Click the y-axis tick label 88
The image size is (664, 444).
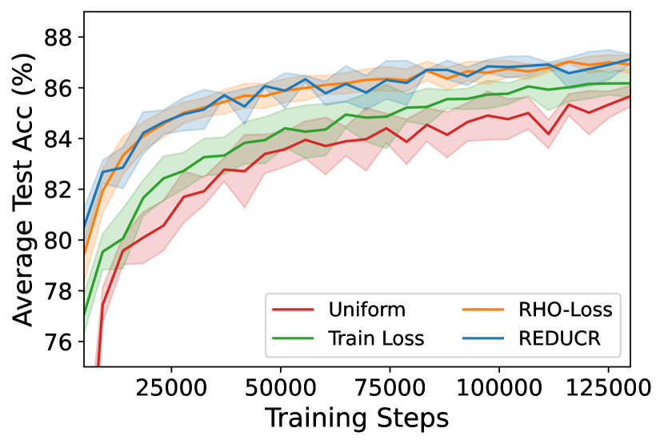[x=58, y=38]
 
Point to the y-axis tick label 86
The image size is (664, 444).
[x=58, y=88]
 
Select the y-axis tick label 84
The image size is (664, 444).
[x=58, y=139]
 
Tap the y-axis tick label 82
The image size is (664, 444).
[x=58, y=190]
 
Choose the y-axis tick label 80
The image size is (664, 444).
[x=58, y=240]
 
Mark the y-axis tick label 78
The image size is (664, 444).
[x=58, y=291]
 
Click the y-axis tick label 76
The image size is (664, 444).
[x=58, y=342]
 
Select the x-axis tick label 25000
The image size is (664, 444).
[x=171, y=387]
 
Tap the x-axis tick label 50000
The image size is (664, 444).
[x=281, y=387]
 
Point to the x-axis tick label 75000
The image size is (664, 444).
[x=390, y=387]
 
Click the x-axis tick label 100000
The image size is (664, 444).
[x=499, y=387]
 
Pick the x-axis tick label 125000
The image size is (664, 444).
[x=609, y=387]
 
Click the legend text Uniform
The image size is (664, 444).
[x=366, y=310]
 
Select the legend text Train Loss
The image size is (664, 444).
[x=377, y=338]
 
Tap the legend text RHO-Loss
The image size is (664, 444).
[x=566, y=310]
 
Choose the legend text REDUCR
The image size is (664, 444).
[x=560, y=338]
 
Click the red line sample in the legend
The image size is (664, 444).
[x=293, y=310]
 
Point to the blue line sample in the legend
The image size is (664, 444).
[x=483, y=338]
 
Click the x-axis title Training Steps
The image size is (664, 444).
[x=357, y=418]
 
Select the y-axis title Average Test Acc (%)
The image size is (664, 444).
[x=23, y=190]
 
